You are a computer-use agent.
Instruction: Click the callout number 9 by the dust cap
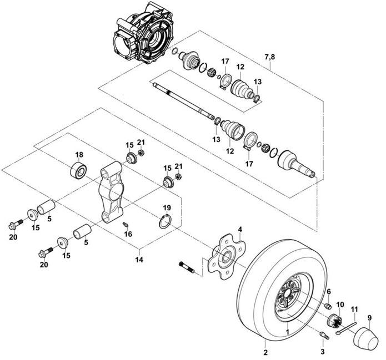[x=369, y=318]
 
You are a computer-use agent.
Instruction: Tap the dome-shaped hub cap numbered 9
[x=365, y=338]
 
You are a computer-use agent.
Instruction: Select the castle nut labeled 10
[x=335, y=321]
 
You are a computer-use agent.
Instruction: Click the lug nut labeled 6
[x=328, y=306]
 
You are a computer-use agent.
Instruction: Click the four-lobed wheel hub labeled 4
[x=227, y=257]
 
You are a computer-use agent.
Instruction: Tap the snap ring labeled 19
[x=166, y=221]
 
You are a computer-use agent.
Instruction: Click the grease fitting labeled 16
[x=126, y=224]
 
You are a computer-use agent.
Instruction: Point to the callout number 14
[x=139, y=260]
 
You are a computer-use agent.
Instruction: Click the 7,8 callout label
[x=270, y=57]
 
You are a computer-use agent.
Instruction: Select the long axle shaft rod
[x=183, y=102]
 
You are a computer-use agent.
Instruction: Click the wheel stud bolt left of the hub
[x=186, y=267]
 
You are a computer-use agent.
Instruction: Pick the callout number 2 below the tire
[x=265, y=352]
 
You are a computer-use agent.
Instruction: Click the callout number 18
[x=79, y=155]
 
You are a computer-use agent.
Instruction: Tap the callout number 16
[x=128, y=234]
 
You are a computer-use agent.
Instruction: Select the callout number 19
[x=167, y=207]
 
